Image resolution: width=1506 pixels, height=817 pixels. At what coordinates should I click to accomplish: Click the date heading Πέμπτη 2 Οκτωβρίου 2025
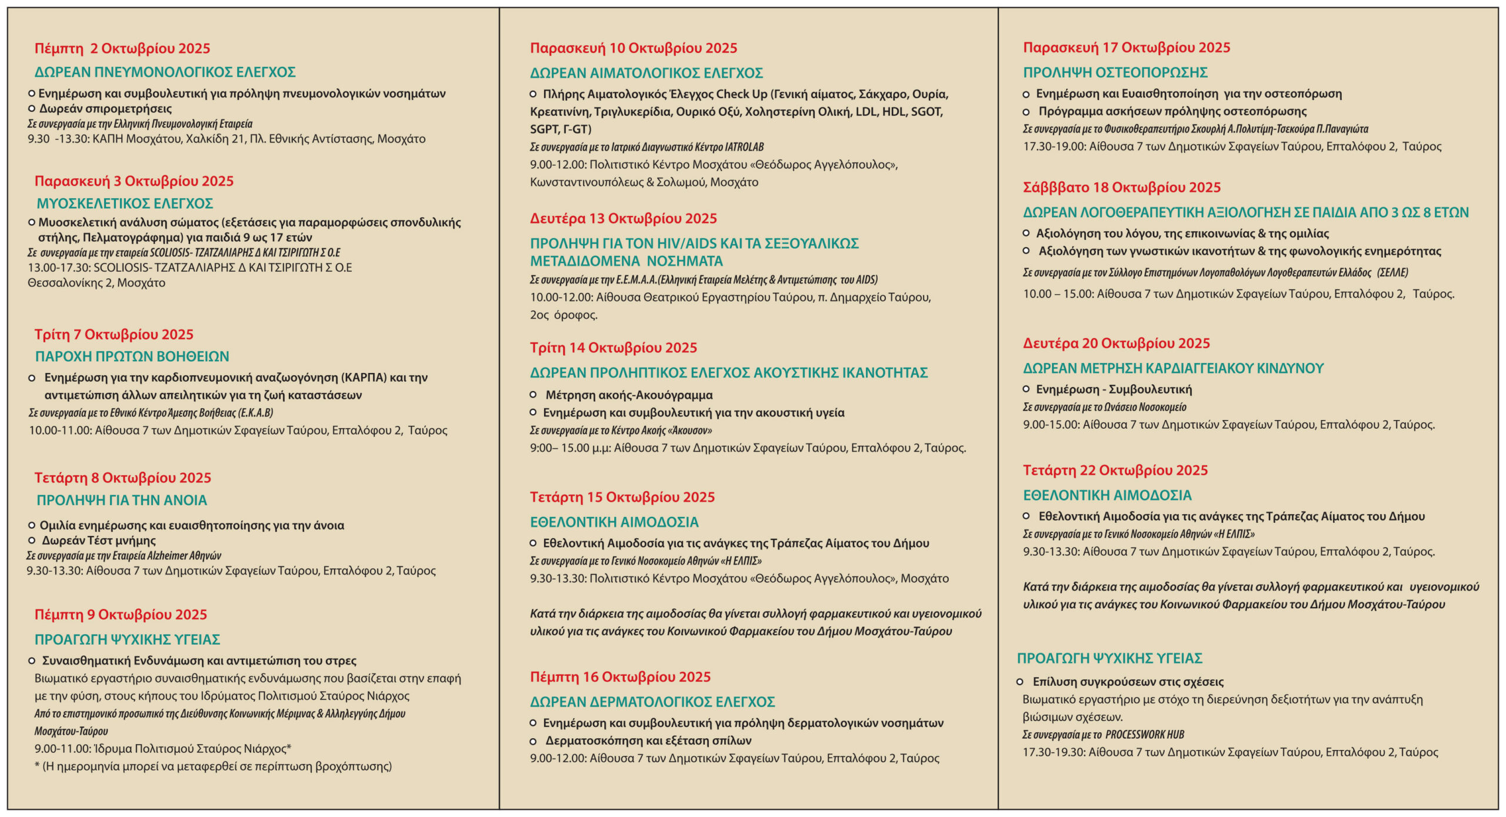point(122,48)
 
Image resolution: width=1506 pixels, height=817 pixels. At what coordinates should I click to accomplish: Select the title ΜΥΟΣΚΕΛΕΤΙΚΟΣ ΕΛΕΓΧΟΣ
point(125,204)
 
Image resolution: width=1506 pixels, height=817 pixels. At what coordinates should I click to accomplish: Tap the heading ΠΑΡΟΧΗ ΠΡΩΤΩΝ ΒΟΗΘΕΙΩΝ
point(132,356)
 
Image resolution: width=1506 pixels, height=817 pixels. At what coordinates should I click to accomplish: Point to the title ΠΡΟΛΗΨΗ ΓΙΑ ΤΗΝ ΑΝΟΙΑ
point(122,500)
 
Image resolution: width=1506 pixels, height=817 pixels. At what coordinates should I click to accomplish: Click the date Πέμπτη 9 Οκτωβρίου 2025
point(121,615)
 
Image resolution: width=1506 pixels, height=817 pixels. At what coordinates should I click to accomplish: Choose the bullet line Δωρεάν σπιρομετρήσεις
point(105,109)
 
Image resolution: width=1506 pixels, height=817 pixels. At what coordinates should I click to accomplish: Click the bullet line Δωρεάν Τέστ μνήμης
point(98,541)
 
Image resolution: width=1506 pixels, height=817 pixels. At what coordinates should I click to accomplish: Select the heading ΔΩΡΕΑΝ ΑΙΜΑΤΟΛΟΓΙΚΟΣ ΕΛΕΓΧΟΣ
point(646,73)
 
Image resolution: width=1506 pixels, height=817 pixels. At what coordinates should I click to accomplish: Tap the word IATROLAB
point(744,147)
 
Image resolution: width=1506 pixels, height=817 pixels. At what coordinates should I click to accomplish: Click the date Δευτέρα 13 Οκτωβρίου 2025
point(623,219)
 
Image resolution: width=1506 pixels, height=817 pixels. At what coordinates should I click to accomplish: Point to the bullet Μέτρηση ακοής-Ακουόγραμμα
point(628,395)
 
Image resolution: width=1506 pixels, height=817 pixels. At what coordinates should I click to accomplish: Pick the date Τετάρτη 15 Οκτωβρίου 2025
point(622,498)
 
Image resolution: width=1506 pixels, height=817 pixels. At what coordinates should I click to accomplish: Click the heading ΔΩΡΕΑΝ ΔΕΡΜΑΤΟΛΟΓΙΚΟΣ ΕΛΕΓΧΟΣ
point(652,702)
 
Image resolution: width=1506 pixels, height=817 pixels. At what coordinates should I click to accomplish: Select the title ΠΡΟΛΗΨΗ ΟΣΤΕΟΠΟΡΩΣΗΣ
point(1115,72)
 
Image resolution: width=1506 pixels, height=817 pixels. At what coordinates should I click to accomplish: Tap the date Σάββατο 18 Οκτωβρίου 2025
point(1121,188)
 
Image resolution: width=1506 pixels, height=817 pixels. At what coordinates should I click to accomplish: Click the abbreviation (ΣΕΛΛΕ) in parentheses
point(1392,272)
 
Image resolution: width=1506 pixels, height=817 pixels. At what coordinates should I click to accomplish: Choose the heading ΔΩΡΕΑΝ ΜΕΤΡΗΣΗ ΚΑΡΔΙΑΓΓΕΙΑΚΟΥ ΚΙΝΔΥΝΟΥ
point(1173,368)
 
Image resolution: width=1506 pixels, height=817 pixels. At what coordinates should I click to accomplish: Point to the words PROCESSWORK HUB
point(1144,735)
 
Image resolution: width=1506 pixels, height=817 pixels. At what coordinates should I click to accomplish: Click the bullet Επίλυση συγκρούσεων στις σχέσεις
point(1128,682)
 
